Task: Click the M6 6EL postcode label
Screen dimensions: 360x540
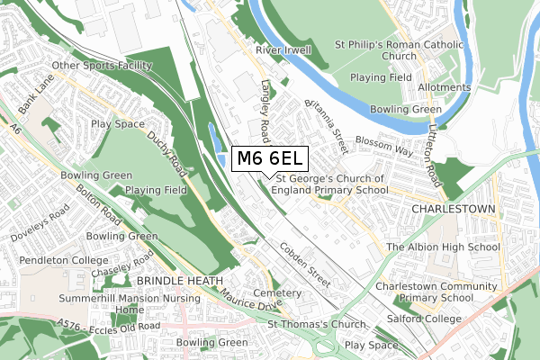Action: [270, 159]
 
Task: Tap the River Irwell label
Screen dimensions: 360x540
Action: [283, 50]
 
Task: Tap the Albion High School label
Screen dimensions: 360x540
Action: [443, 247]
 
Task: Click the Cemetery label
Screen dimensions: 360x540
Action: [276, 293]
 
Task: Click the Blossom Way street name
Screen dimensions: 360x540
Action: [383, 141]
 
